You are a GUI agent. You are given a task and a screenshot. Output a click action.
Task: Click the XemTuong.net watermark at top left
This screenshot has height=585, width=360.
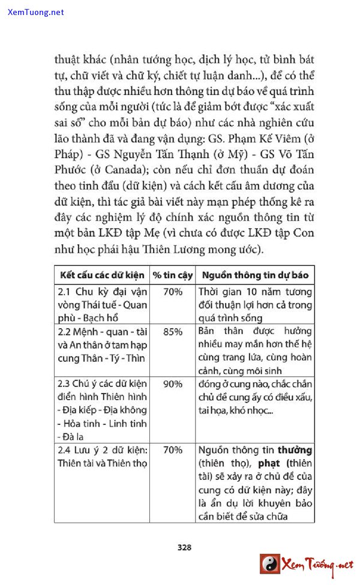(x=35, y=12)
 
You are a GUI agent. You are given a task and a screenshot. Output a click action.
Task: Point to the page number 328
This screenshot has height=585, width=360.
(x=184, y=547)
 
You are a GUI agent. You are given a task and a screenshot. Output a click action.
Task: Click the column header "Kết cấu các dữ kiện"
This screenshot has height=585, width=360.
(x=101, y=275)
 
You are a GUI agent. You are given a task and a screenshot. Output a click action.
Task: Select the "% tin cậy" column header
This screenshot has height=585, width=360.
(x=172, y=275)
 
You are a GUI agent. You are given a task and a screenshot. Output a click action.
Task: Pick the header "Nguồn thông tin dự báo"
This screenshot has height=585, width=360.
(x=255, y=275)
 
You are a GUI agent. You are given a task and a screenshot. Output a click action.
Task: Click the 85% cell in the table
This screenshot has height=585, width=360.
(x=172, y=331)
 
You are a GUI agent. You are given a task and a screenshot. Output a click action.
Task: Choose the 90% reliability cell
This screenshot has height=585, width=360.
(x=172, y=383)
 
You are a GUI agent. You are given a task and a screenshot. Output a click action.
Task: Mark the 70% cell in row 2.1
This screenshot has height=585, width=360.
(x=172, y=292)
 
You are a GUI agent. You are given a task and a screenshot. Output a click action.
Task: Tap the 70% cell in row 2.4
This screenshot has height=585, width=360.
(x=172, y=449)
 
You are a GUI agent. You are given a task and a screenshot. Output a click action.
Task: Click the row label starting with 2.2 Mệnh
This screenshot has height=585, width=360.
(x=102, y=345)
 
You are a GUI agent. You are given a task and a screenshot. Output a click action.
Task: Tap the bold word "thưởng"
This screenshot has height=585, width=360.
(x=291, y=449)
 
